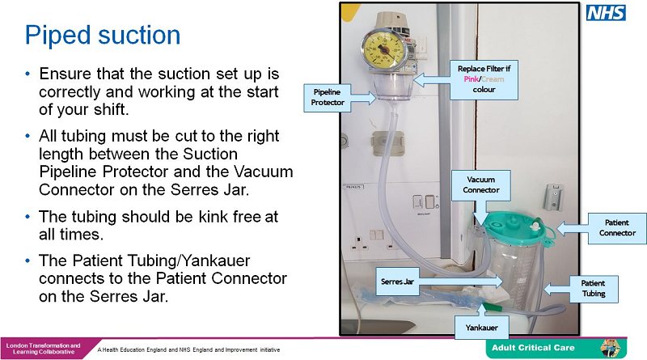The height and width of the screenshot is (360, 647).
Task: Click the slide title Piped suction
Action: [x=102, y=36]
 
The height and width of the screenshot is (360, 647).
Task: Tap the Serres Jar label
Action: [x=398, y=282]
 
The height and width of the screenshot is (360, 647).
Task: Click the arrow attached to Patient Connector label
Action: [x=570, y=228]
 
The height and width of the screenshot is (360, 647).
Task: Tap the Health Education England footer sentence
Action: [x=188, y=349]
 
